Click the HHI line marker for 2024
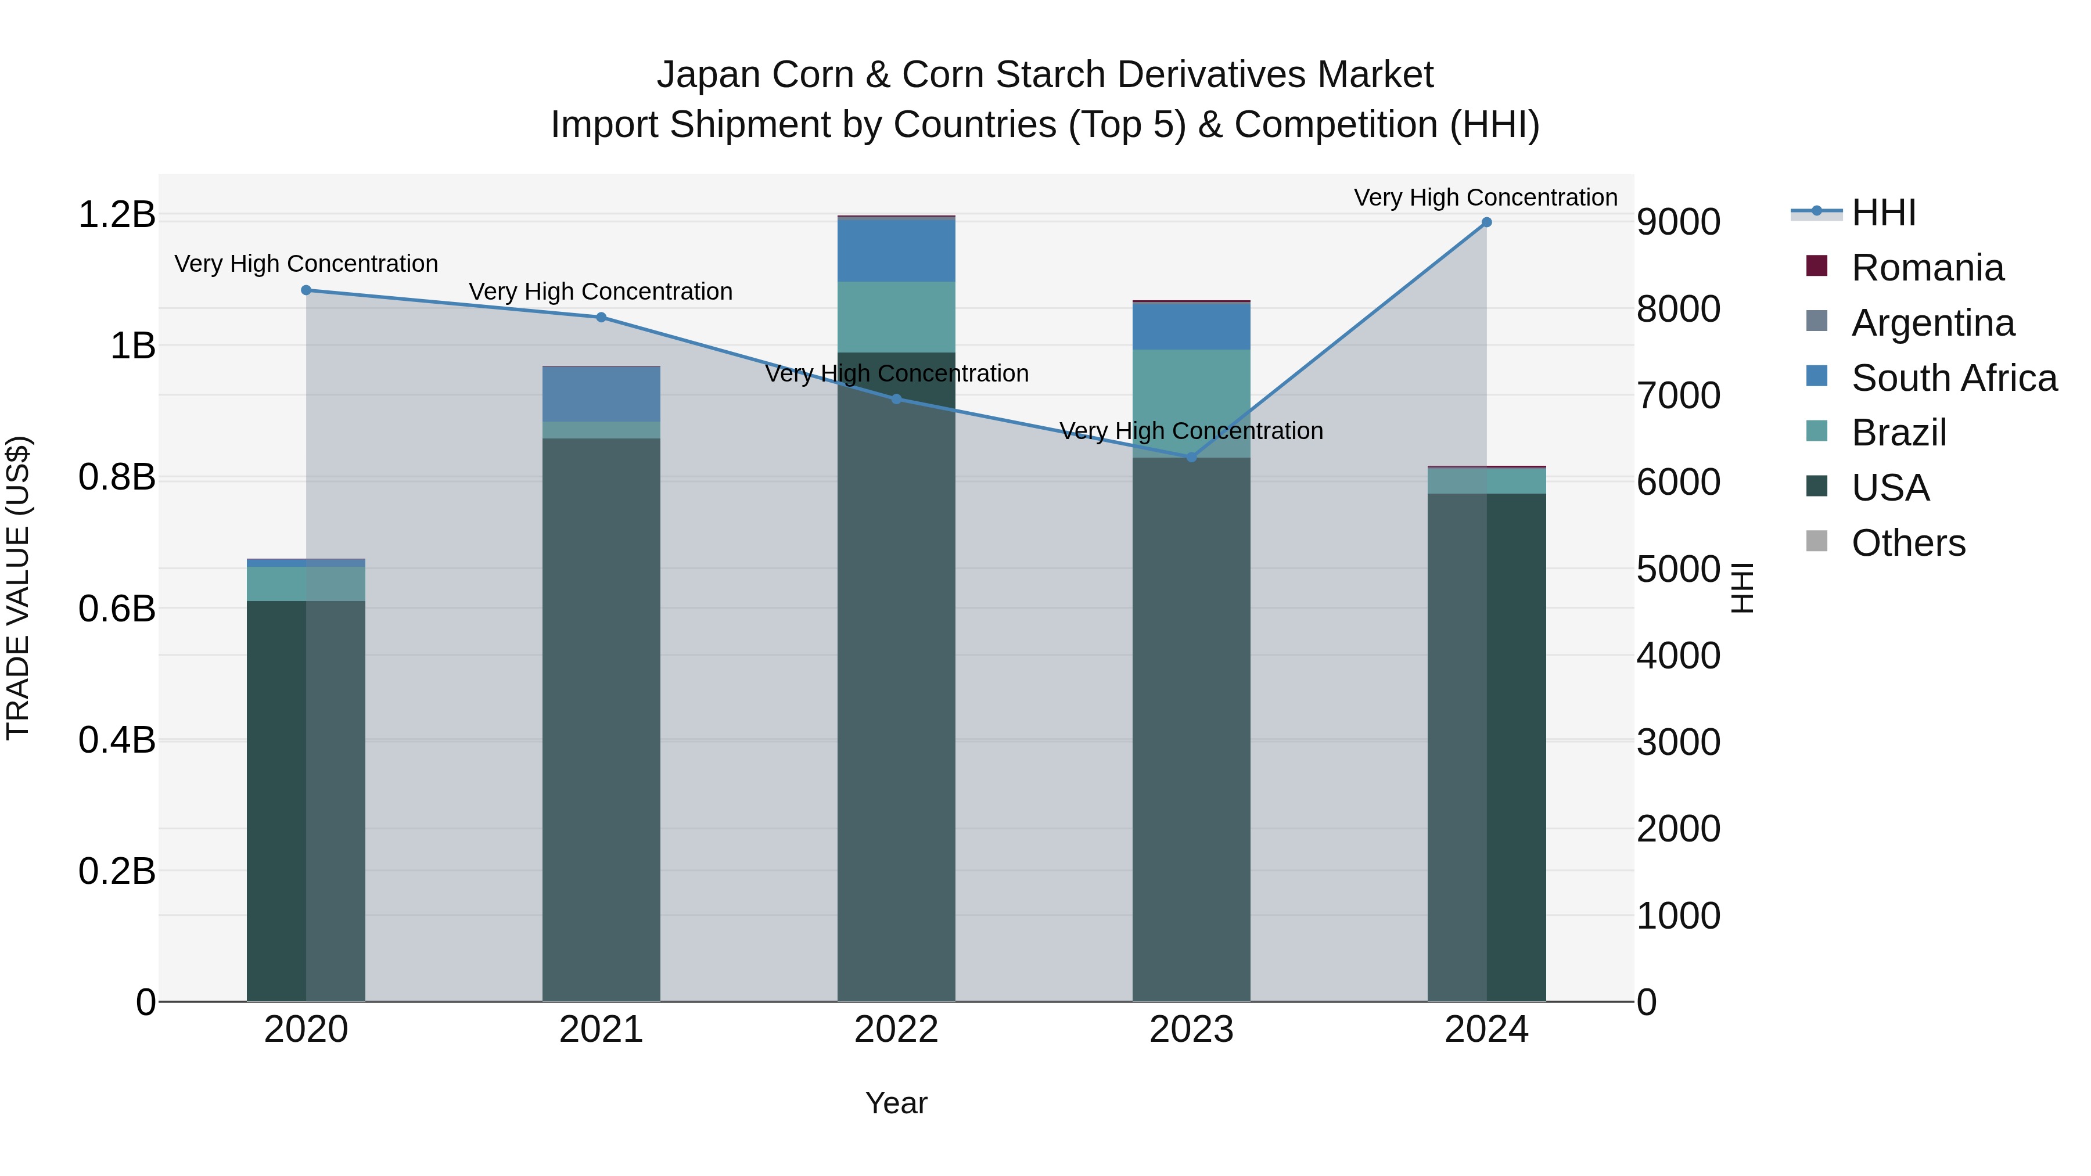coord(1486,222)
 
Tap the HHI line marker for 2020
coord(306,290)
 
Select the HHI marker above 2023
coord(1192,458)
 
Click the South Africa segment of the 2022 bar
coord(896,250)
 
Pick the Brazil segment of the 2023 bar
coord(1192,404)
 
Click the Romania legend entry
coord(1927,268)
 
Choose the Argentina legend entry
coord(1932,323)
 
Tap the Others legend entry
coord(1907,543)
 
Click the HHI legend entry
coord(1883,213)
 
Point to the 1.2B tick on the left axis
coord(117,215)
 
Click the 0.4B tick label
coord(117,740)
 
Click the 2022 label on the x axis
coord(896,1030)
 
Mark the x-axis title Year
coord(896,1103)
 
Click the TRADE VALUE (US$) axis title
coord(18,588)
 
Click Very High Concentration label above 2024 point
coord(1485,197)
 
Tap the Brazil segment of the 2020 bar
coord(306,584)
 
